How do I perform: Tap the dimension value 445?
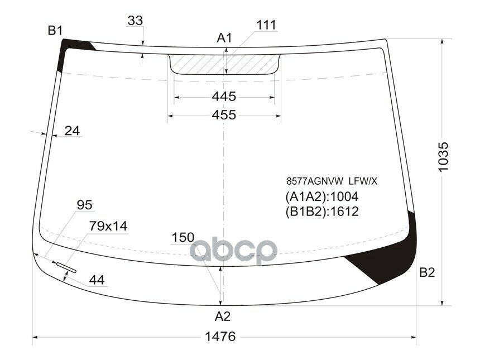224,97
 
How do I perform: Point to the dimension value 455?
224,115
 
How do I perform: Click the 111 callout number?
266,25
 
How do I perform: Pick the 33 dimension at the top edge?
135,21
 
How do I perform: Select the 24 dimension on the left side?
72,131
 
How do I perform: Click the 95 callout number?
84,205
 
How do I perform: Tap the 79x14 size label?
108,226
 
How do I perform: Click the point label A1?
224,37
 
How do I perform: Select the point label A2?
222,316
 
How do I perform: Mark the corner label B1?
55,31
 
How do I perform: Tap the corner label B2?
427,272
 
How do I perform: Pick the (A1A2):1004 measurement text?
321,196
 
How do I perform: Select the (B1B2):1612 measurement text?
321,212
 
